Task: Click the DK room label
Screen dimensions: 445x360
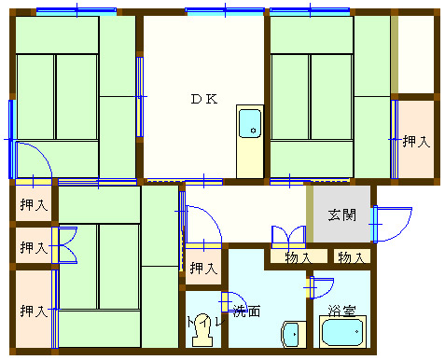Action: pyautogui.click(x=204, y=99)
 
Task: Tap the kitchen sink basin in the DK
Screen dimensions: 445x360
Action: pyautogui.click(x=250, y=123)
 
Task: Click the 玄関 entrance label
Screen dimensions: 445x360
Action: pyautogui.click(x=342, y=215)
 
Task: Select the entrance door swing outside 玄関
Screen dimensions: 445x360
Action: pyautogui.click(x=393, y=224)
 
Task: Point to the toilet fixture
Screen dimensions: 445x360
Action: pyautogui.click(x=202, y=330)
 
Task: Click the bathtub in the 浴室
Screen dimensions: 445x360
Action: pyautogui.click(x=342, y=332)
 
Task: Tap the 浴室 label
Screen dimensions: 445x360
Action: pyautogui.click(x=341, y=311)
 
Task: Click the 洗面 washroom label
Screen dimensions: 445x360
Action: pyautogui.click(x=246, y=311)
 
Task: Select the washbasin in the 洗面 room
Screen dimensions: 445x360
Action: pyautogui.click(x=291, y=335)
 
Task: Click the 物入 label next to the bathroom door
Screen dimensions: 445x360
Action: pyautogui.click(x=298, y=257)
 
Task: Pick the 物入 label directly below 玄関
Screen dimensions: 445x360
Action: pyautogui.click(x=352, y=257)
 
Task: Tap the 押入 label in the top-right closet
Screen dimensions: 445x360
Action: pyautogui.click(x=416, y=142)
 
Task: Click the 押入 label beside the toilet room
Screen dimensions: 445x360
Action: pyautogui.click(x=203, y=268)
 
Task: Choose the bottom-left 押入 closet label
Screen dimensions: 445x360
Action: pyautogui.click(x=34, y=311)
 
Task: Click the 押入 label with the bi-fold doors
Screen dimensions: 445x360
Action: pyautogui.click(x=34, y=247)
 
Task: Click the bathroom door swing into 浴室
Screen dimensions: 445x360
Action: pyautogui.click(x=322, y=288)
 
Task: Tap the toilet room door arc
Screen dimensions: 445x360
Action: pyautogui.click(x=234, y=301)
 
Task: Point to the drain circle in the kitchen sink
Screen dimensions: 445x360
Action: pyautogui.click(x=253, y=131)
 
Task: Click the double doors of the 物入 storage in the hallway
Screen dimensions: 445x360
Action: pyautogui.click(x=288, y=236)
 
